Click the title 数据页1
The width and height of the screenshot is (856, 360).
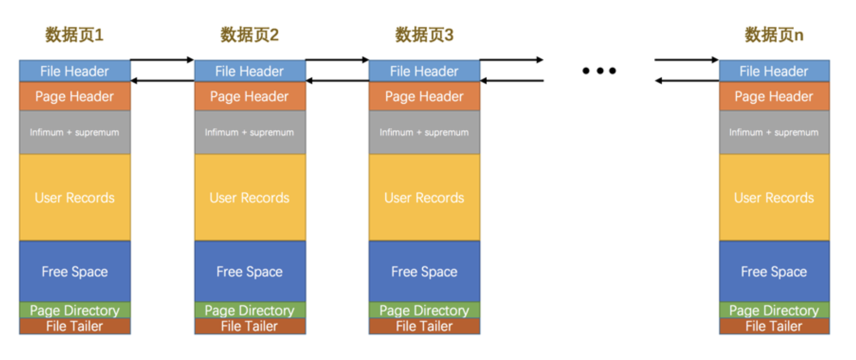[x=74, y=35]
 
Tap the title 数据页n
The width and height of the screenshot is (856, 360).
[x=773, y=35]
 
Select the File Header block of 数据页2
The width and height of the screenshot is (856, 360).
[x=250, y=71]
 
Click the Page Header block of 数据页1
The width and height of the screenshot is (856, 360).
[x=75, y=96]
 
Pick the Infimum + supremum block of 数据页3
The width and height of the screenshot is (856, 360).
[x=424, y=132]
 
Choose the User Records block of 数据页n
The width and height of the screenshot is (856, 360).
[x=774, y=197]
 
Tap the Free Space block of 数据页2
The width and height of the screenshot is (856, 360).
[x=250, y=271]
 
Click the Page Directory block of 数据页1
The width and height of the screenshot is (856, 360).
[x=75, y=310]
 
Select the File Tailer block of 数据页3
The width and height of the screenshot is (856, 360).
[x=424, y=326]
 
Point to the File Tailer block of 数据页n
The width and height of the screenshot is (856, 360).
[x=774, y=326]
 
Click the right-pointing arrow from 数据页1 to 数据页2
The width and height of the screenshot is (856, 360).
[x=162, y=60]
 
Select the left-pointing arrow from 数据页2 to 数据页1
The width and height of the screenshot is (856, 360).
[x=162, y=81]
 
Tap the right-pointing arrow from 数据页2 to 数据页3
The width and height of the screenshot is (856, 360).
[x=337, y=60]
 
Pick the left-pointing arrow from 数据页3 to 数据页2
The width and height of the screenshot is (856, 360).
[x=337, y=81]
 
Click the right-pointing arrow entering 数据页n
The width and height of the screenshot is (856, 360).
[x=686, y=60]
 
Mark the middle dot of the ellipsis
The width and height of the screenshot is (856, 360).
[x=599, y=71]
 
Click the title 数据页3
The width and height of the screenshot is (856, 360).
[x=424, y=35]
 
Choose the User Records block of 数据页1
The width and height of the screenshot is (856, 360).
[x=75, y=197]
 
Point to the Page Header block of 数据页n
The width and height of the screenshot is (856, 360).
[x=774, y=96]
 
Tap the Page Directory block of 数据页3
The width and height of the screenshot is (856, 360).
[x=424, y=310]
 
